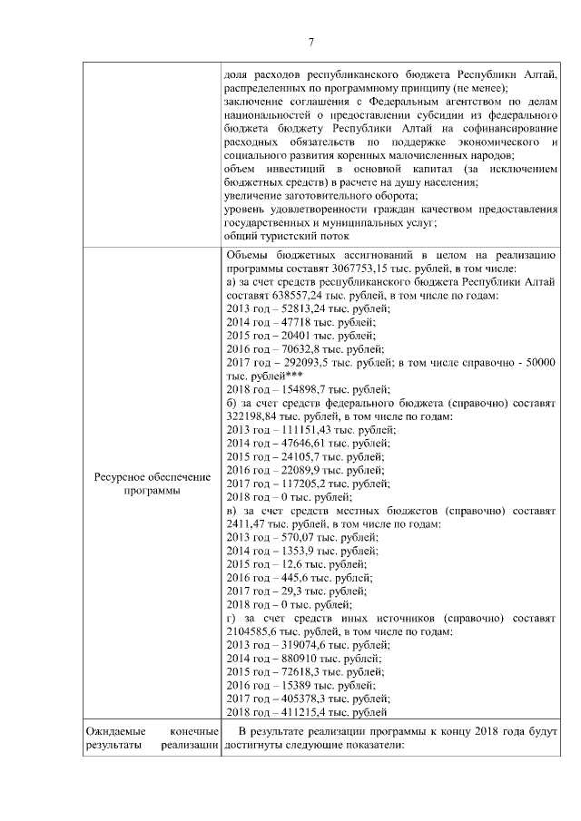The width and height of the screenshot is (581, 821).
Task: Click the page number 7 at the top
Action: pyautogui.click(x=311, y=43)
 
